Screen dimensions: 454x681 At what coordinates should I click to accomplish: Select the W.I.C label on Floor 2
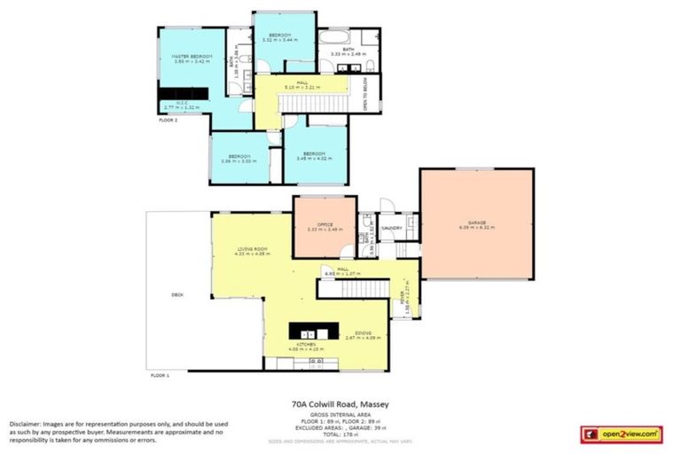pos(182,104)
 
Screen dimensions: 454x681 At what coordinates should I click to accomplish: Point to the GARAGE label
pos(477,223)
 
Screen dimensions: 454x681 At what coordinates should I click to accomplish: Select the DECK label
pos(176,295)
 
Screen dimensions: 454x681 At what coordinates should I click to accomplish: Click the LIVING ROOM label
pos(239,249)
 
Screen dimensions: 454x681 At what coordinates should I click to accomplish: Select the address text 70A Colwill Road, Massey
pos(340,404)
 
